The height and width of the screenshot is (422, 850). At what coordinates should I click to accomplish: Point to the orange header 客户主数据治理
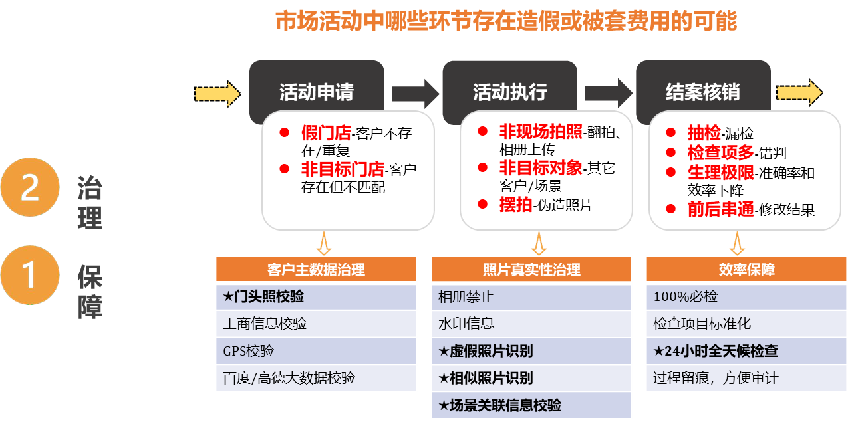click(316, 269)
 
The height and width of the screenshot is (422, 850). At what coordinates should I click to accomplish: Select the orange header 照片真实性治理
click(531, 269)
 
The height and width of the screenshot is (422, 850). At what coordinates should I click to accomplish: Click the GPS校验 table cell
click(316, 351)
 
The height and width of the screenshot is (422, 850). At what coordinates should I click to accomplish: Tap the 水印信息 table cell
click(531, 324)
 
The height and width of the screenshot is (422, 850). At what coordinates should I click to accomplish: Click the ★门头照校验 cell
click(316, 296)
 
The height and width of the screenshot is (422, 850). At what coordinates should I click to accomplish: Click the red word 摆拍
click(516, 205)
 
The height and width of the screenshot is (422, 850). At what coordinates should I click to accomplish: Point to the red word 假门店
click(326, 133)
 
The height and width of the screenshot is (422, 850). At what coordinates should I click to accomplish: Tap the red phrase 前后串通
click(721, 209)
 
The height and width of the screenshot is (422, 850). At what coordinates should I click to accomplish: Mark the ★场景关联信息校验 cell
click(531, 405)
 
